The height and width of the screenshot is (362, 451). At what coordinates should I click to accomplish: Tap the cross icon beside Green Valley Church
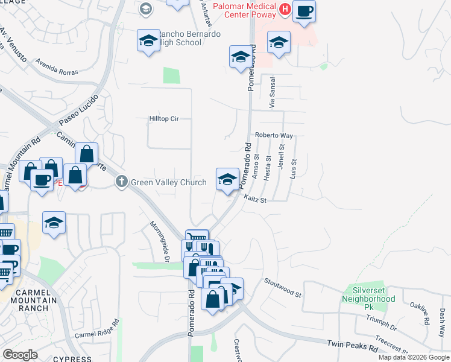click(x=121, y=181)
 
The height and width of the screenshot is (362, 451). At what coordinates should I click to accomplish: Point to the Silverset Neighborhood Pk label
click(x=364, y=298)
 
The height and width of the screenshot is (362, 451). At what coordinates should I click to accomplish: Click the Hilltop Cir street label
click(x=164, y=119)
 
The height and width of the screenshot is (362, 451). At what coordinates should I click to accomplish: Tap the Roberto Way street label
click(x=274, y=136)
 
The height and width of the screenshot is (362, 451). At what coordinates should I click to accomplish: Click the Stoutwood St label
click(x=283, y=287)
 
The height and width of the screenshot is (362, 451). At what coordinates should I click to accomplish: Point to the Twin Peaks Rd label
click(x=352, y=346)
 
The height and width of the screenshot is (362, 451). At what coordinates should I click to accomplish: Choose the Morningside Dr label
click(x=159, y=241)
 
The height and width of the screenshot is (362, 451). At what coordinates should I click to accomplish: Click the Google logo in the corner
click(x=20, y=354)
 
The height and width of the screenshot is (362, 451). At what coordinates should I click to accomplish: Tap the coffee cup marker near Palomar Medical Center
click(x=304, y=11)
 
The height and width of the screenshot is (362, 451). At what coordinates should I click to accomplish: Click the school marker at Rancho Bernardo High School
click(x=148, y=40)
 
